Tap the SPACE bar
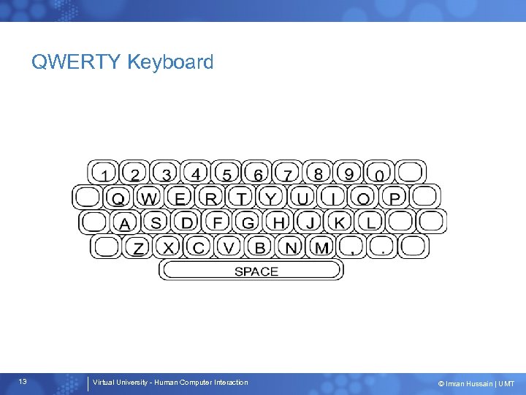[251, 271]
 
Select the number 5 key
[227, 173]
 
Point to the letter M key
[321, 247]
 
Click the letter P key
[394, 197]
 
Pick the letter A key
[125, 222]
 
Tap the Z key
[138, 247]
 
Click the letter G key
[248, 222]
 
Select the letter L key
[371, 222]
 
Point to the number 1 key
[106, 174]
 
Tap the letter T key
[241, 197]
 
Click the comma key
[352, 247]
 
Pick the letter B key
[260, 247]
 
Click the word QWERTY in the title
[76, 62]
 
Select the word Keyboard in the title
[170, 62]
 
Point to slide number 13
[23, 382]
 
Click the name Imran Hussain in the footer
[465, 383]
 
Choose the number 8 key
[318, 173]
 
